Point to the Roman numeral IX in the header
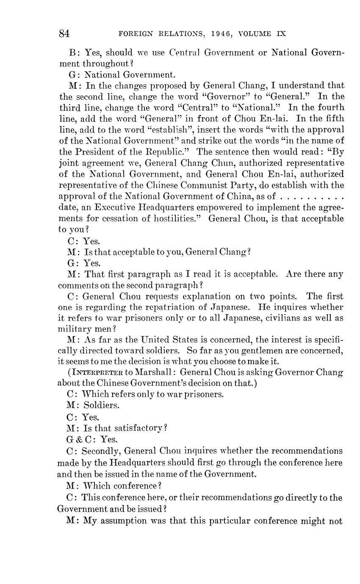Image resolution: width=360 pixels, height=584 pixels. point(281,34)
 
